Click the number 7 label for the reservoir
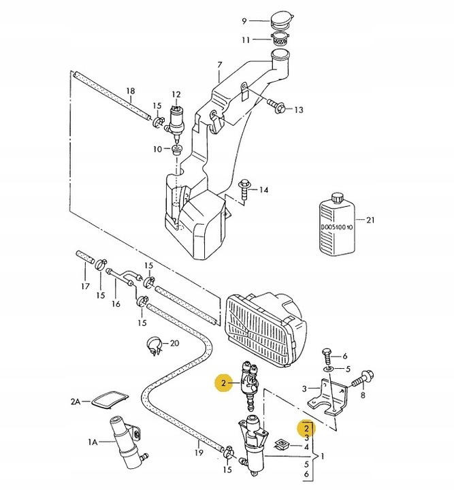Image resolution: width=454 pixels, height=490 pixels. tap(220, 65)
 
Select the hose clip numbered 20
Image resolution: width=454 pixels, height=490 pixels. tap(155, 346)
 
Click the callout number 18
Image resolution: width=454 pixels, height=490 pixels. tap(130, 91)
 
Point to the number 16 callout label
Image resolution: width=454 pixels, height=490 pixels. tap(116, 304)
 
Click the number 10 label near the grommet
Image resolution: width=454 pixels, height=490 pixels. tap(157, 148)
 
